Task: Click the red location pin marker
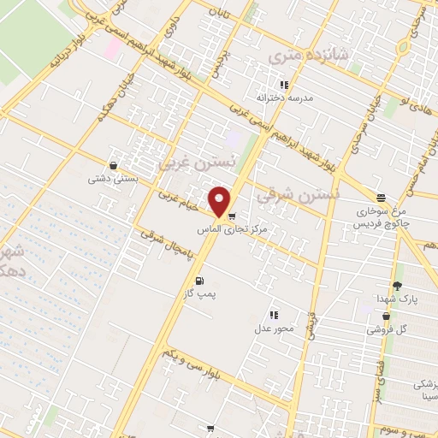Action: tap(220, 202)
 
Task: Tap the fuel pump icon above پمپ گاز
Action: tap(199, 281)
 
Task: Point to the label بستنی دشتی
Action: tap(110, 180)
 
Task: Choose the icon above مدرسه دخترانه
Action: tap(284, 85)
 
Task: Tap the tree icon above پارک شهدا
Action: tap(396, 285)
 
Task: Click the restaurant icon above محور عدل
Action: tap(274, 315)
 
